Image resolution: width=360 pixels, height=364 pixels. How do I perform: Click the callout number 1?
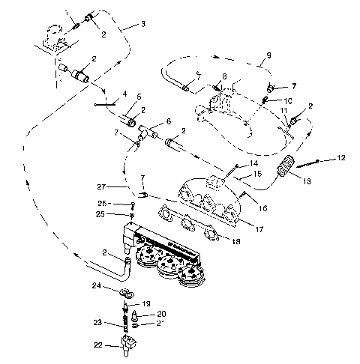[66, 13]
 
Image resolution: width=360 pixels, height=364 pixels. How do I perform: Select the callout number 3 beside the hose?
[142, 24]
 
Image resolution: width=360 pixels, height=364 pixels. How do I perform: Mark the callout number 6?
[168, 121]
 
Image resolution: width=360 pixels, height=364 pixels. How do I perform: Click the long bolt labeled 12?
[307, 163]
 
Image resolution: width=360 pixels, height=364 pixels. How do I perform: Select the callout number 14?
[253, 163]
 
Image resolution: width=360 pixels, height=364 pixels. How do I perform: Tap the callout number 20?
[161, 313]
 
